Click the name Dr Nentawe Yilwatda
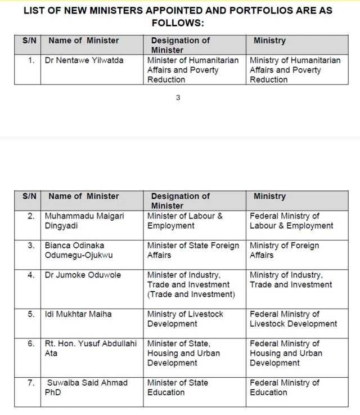(84, 60)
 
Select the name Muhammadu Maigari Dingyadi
(84, 221)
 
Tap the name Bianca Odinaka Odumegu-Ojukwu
(84, 250)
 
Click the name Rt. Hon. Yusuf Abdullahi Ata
(91, 348)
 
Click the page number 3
(178, 98)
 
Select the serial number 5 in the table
(31, 314)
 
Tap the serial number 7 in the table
(31, 383)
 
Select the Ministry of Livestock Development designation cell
(185, 319)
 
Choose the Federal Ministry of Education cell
(284, 387)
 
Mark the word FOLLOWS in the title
(175, 23)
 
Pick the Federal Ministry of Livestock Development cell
(293, 319)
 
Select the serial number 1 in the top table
(31, 60)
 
